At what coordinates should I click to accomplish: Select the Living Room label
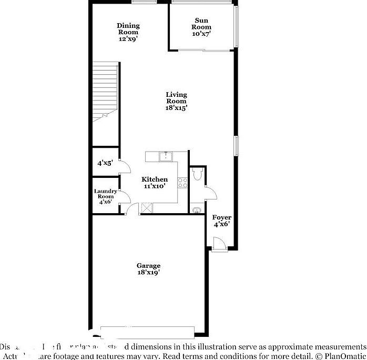click(176, 98)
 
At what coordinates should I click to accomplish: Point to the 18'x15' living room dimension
click(176, 107)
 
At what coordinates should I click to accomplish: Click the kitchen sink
click(166, 156)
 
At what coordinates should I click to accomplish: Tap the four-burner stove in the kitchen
click(183, 183)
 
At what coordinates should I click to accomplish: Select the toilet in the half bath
click(197, 174)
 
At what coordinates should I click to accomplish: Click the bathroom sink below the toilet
click(197, 210)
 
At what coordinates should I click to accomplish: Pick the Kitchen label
click(155, 179)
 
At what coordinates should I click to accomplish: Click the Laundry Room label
click(105, 194)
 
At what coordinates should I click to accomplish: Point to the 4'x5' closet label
click(105, 163)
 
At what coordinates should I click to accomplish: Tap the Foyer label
click(221, 217)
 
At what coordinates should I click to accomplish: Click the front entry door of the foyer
click(219, 244)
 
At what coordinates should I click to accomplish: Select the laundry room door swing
click(125, 197)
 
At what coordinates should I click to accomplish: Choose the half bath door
click(210, 193)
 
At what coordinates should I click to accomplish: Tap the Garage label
click(148, 265)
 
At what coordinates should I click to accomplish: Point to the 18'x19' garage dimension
click(148, 273)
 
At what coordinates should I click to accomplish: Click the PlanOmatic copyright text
click(337, 356)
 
